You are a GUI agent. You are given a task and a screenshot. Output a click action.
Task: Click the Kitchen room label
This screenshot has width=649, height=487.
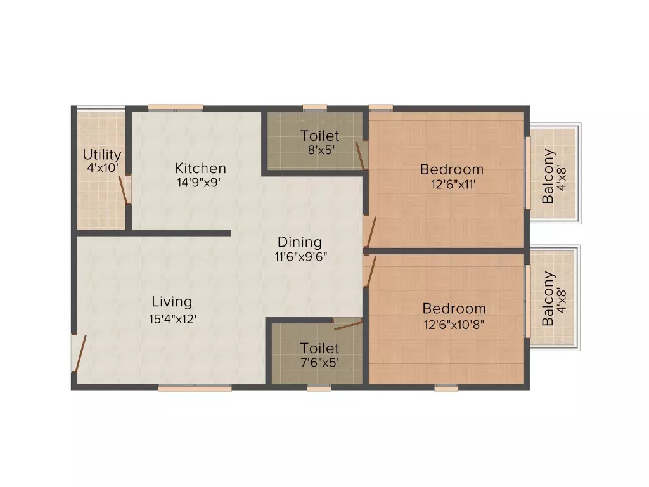point(200,168)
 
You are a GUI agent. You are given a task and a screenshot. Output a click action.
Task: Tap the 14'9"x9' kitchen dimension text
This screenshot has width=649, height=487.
point(198,182)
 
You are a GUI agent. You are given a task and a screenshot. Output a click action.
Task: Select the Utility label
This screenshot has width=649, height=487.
point(102,155)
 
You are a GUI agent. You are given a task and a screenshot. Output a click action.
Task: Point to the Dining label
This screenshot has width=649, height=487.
point(300,242)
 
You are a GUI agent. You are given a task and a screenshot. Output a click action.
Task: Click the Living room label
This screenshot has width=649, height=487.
point(172,301)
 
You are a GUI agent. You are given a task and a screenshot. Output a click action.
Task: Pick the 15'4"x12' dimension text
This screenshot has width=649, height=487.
point(172,319)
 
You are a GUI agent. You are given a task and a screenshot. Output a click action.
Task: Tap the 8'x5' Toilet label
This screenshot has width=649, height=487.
point(319,136)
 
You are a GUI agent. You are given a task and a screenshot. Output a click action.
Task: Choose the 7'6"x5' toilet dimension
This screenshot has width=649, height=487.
point(320,363)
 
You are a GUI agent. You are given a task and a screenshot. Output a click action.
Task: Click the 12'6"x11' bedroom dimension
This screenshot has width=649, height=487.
point(453,184)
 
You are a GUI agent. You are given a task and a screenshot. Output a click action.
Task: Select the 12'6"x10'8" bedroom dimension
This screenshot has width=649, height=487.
point(454,324)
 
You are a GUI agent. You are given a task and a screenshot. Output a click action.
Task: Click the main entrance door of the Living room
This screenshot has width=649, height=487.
point(79,353)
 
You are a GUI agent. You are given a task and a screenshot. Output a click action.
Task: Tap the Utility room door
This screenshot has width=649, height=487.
point(124,190)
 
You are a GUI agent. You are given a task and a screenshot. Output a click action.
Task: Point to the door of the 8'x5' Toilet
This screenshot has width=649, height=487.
point(361,155)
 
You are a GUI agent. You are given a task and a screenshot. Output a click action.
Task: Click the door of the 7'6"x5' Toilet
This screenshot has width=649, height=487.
point(348,325)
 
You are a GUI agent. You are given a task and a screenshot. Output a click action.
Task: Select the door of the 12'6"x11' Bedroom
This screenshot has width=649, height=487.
point(370,232)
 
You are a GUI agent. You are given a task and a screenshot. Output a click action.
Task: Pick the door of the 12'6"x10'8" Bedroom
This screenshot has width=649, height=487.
point(370,271)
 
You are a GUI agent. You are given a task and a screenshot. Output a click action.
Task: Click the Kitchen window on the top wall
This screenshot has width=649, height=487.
point(176,108)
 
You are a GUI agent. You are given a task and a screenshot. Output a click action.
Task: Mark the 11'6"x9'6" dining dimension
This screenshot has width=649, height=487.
point(301,257)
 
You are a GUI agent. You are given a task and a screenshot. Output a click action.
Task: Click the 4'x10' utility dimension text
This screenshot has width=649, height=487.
point(103,167)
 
